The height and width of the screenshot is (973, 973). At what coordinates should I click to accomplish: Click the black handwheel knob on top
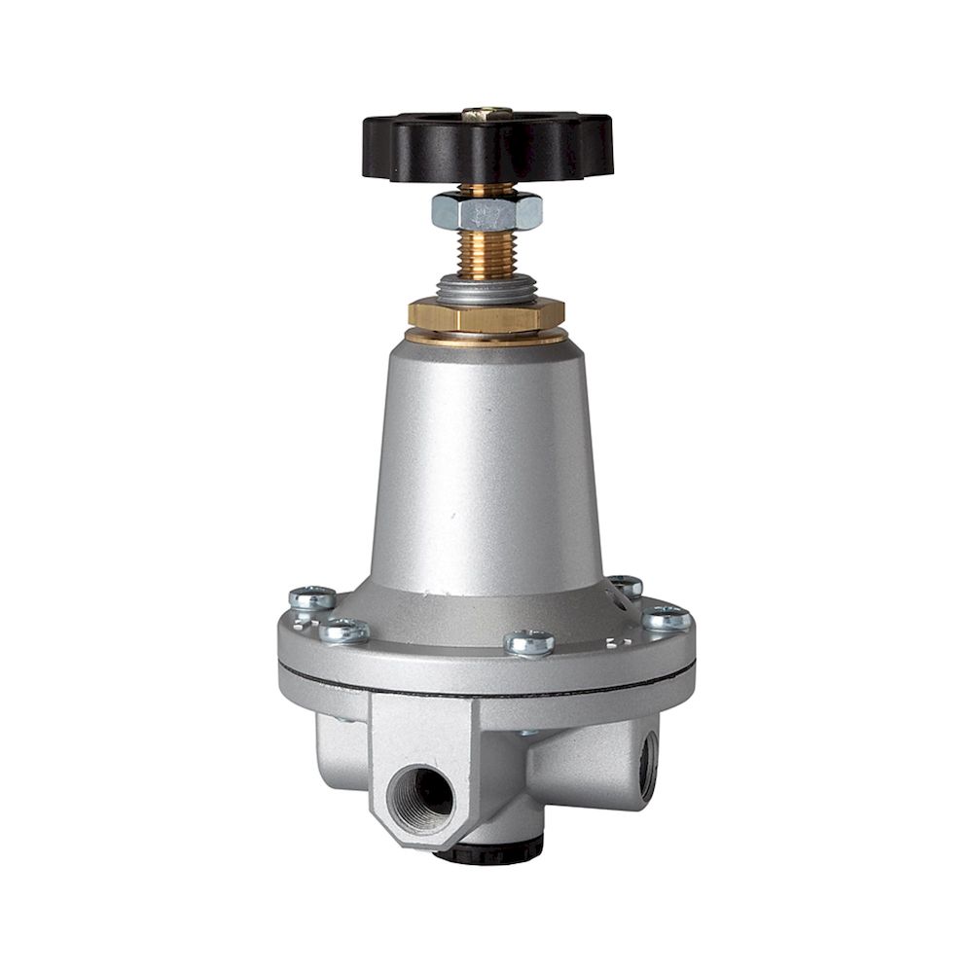(486, 146)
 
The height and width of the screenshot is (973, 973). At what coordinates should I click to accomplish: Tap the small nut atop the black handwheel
(486, 114)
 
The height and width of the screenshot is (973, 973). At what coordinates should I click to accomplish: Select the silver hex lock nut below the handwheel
(486, 209)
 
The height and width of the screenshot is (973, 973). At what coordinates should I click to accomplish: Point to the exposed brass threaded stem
(486, 255)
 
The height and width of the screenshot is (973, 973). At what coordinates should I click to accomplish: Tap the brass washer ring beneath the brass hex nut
(486, 338)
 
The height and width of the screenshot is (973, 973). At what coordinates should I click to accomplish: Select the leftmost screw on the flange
(312, 597)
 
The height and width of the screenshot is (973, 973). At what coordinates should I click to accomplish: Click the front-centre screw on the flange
(529, 641)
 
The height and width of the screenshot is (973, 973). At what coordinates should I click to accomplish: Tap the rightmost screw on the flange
(667, 616)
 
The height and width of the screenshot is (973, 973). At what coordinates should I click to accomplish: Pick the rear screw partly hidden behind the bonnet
(626, 585)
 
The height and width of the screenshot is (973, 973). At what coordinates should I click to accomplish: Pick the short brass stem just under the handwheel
(486, 189)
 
